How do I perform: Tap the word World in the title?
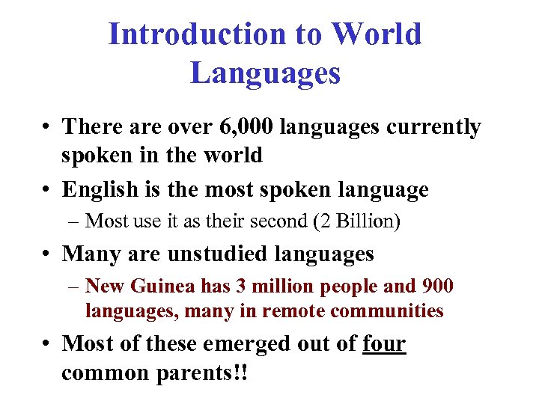pos(377,34)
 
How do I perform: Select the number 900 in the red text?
pos(439,287)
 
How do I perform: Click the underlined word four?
pos(383,343)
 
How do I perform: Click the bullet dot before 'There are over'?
pos(47,128)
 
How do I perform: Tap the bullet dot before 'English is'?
pos(47,191)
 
